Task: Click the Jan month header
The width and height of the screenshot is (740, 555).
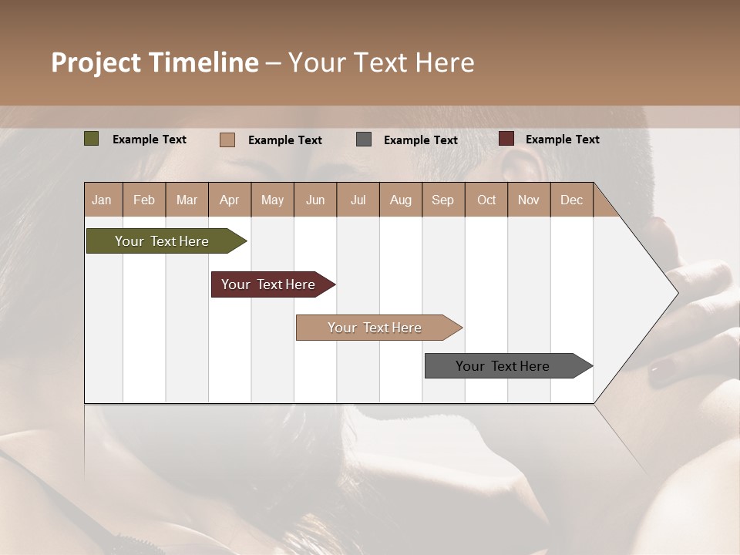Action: click(x=102, y=200)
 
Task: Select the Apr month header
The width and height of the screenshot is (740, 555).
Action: click(x=230, y=200)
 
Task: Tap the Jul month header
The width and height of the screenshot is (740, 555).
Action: click(x=358, y=200)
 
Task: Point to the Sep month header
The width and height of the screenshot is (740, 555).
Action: click(x=442, y=200)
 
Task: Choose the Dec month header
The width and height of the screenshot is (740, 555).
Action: click(x=571, y=200)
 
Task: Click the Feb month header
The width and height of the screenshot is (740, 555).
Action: click(x=144, y=200)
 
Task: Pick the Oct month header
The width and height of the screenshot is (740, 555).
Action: click(x=486, y=200)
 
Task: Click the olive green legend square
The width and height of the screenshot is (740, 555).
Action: click(x=92, y=139)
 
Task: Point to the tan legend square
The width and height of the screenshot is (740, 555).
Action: click(x=227, y=140)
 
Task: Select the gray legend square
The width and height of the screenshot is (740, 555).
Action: click(x=364, y=140)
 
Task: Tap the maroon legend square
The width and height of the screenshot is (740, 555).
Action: click(x=506, y=139)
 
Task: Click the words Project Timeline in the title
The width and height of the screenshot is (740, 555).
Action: click(x=155, y=62)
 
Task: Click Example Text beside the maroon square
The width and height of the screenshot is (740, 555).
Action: click(x=562, y=140)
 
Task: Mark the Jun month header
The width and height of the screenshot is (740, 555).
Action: click(x=315, y=200)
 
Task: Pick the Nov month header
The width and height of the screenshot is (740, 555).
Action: click(x=529, y=200)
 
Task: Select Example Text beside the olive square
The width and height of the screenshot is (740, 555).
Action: click(x=150, y=140)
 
